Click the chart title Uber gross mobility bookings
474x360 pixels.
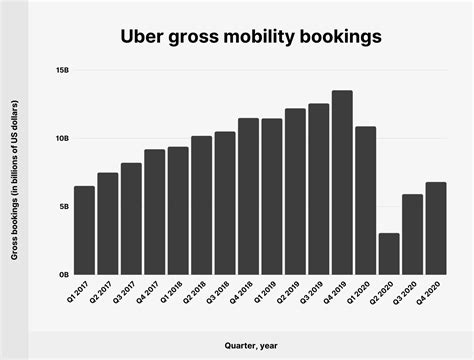coord(236,37)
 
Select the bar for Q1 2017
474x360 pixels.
coord(85,230)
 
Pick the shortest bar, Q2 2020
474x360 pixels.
coord(389,254)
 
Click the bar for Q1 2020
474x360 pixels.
coord(365,200)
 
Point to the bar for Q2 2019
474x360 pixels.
coord(295,191)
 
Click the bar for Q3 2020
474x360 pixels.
coord(412,234)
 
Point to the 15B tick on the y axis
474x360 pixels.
coord(62,71)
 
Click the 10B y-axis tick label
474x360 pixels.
coord(62,139)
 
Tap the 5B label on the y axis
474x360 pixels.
coord(64,206)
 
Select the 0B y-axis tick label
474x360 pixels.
coord(64,274)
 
